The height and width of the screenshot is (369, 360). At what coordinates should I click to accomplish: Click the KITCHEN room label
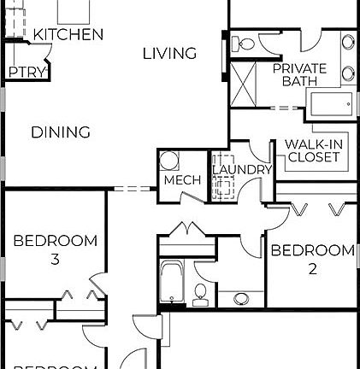click(68, 35)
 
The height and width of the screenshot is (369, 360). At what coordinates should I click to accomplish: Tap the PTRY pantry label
click(27, 73)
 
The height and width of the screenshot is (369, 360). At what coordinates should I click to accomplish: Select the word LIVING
click(169, 54)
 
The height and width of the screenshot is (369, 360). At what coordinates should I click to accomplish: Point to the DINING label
click(61, 132)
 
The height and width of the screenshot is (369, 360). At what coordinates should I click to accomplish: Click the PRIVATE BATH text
click(295, 74)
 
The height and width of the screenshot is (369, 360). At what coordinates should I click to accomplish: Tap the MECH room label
click(182, 180)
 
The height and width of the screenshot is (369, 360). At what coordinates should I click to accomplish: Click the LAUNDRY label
click(241, 170)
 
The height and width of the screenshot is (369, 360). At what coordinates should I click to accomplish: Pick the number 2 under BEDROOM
click(313, 268)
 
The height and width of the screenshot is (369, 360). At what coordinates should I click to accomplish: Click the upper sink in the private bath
click(349, 43)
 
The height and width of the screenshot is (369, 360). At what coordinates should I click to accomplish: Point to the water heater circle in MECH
click(170, 161)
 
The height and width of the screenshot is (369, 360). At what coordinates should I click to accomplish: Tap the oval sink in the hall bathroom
click(242, 299)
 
